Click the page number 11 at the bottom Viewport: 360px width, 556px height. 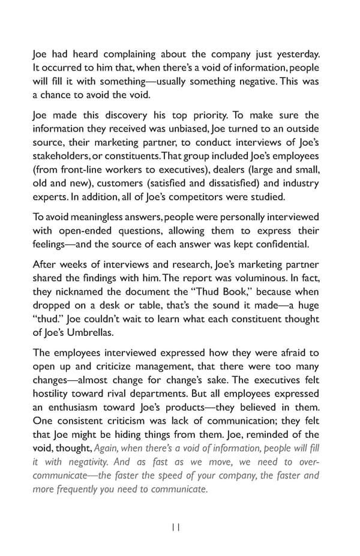(x=175, y=527)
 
